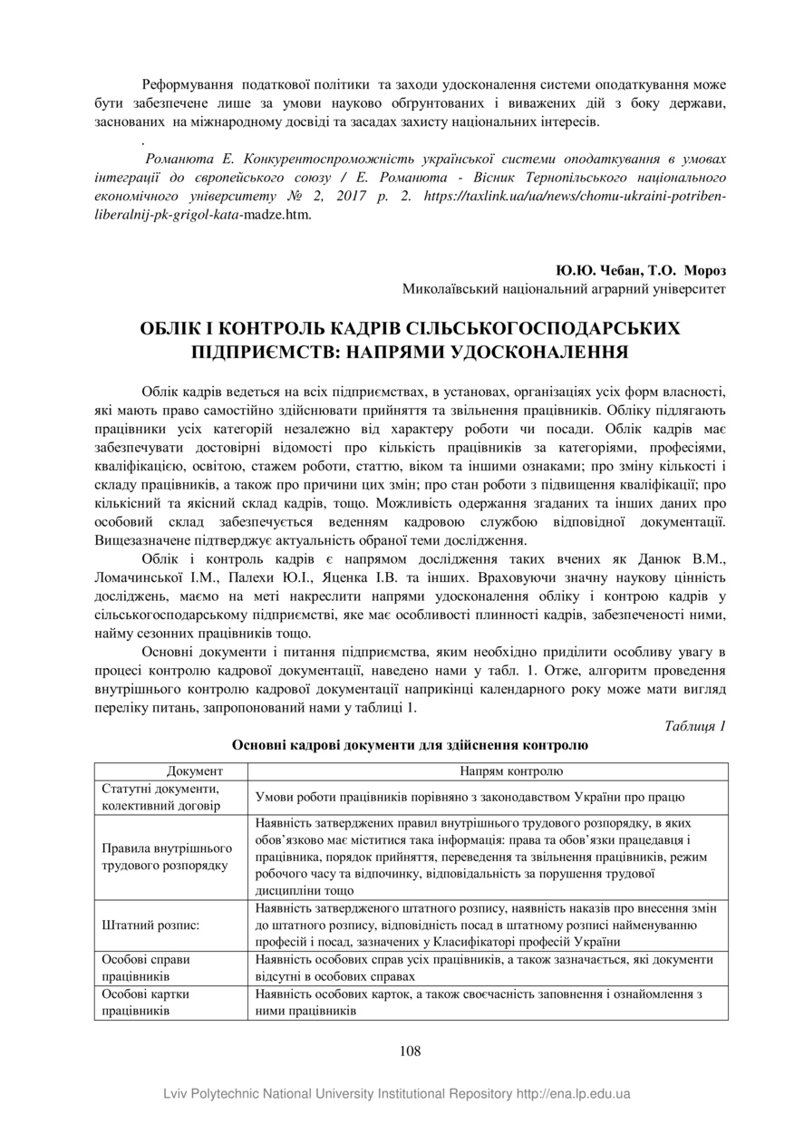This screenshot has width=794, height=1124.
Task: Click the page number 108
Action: point(410,1051)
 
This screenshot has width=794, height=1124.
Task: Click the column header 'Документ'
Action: point(194,771)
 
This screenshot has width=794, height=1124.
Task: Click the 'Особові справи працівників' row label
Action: point(146,967)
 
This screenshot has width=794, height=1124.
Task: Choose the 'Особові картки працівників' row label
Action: point(146,1002)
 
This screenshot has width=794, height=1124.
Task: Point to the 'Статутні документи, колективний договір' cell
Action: point(160,797)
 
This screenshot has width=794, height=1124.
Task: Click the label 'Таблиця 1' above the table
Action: point(695,726)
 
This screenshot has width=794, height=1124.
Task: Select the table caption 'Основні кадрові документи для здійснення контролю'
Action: point(410,745)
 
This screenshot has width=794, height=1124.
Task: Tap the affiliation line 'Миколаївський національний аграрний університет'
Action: point(564,289)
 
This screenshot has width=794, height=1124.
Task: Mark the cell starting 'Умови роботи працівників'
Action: point(470,797)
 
